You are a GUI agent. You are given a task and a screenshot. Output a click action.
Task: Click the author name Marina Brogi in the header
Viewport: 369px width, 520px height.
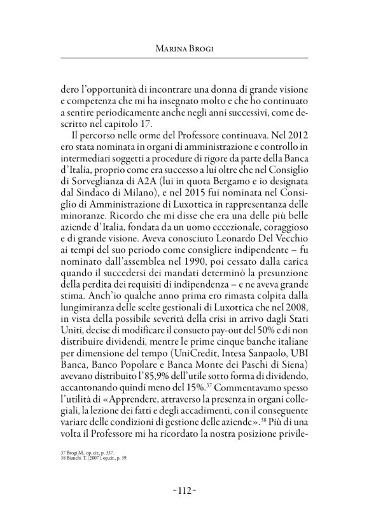point(184,49)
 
